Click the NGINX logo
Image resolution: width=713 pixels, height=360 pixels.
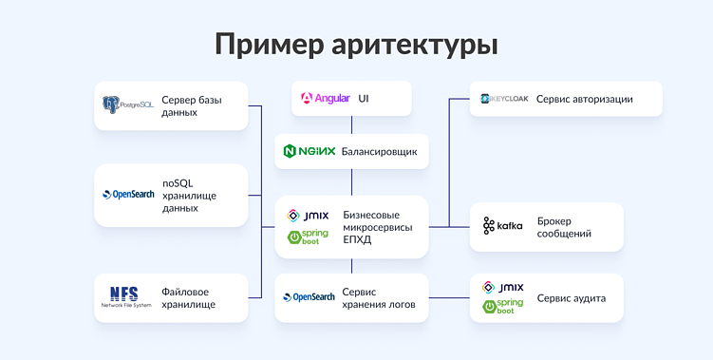click(x=310, y=151)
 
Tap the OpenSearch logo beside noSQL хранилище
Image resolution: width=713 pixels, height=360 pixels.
click(x=128, y=195)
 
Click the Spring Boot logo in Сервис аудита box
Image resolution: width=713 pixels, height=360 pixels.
click(x=503, y=307)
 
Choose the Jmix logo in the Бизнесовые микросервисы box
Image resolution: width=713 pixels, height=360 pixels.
click(x=308, y=216)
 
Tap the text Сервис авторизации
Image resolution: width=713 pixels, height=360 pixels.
click(x=584, y=99)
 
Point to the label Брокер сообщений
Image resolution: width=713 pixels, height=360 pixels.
click(x=564, y=226)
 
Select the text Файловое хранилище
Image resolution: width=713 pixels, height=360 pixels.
click(x=188, y=297)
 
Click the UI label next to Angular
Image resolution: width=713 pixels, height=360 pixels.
click(x=364, y=98)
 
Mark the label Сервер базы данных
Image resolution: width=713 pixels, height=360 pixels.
click(x=192, y=104)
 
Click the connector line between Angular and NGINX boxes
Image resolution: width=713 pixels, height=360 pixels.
click(x=351, y=124)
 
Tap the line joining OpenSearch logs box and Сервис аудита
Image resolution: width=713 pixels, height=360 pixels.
click(x=449, y=297)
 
